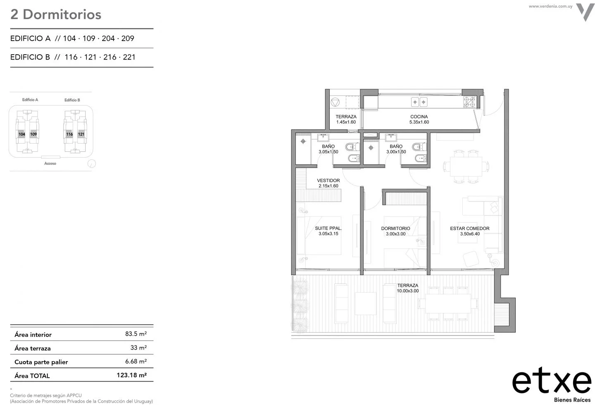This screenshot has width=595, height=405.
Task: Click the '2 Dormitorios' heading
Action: [56, 14]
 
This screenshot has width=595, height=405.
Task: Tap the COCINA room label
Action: [419, 120]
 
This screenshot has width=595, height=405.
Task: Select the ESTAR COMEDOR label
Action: [470, 231]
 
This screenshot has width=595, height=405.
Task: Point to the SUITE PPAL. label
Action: [328, 231]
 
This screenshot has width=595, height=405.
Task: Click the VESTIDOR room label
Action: [328, 183]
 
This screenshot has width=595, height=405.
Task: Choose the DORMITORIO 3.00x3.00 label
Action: [395, 231]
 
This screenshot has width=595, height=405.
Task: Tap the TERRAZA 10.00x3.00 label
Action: [408, 288]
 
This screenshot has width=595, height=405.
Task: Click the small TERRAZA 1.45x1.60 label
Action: [346, 120]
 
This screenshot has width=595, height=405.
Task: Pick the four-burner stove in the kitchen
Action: [469, 102]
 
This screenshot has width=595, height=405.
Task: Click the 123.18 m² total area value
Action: [132, 375]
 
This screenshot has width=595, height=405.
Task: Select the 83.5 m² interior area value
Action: [136, 334]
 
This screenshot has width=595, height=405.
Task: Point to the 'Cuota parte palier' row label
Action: [41, 362]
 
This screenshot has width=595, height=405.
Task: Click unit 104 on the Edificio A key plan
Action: [22, 134]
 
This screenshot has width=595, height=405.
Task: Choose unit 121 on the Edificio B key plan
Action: [81, 134]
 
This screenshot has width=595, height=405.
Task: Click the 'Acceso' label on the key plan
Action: [50, 163]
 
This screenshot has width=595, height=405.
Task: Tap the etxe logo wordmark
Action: [552, 381]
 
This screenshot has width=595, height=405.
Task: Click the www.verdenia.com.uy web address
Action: [550, 6]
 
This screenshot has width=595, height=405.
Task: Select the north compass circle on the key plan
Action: [92, 163]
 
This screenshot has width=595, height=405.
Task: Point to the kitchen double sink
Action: [419, 102]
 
